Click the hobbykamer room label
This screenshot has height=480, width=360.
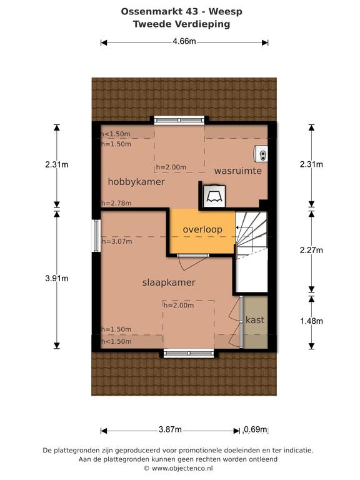[x=136, y=182]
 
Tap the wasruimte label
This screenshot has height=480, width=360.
[x=238, y=171]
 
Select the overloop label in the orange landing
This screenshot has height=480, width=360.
[x=202, y=229]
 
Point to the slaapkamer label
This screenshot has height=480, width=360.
[x=169, y=282]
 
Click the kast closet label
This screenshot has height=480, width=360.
[x=255, y=320]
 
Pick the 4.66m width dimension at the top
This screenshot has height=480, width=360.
[x=184, y=41]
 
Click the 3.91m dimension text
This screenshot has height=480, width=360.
[x=57, y=278]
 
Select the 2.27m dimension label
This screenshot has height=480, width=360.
[x=311, y=250]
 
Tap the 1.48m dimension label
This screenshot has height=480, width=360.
[x=311, y=321]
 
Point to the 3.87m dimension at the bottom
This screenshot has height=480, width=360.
[x=170, y=429]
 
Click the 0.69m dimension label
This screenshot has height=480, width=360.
[x=256, y=429]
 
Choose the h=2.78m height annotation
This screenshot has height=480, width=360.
[x=116, y=203]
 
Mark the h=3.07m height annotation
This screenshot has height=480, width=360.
[x=117, y=241]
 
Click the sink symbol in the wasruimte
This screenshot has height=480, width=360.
[x=261, y=154]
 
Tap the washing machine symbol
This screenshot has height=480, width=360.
[x=214, y=196]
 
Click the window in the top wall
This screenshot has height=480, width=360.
[x=179, y=120]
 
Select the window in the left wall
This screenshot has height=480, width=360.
[x=96, y=236]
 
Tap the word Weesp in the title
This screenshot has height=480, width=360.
[x=225, y=12]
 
